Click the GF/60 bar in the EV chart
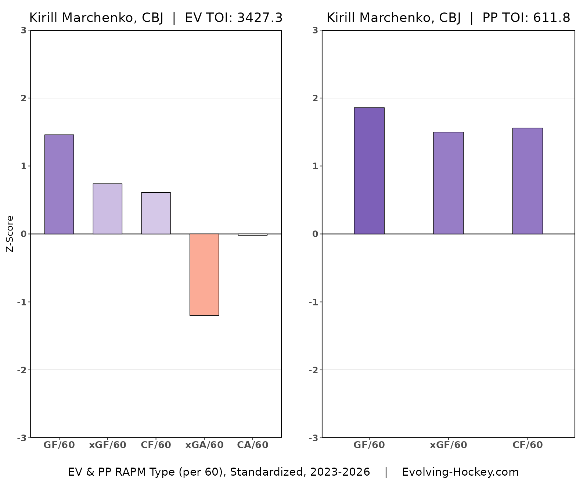59,184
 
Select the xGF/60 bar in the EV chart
107,209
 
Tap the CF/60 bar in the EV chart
156,213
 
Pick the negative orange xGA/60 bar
204,275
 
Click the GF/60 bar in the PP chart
369,171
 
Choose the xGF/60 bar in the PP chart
449,183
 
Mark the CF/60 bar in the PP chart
527,181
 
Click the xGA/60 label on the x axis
204,445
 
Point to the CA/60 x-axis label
253,445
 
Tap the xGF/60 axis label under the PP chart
449,445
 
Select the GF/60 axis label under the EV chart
59,445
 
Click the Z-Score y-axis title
10,234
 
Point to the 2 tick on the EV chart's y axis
24,98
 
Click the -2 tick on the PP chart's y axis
313,370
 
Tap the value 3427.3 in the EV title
260,18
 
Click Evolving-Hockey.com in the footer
460,472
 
